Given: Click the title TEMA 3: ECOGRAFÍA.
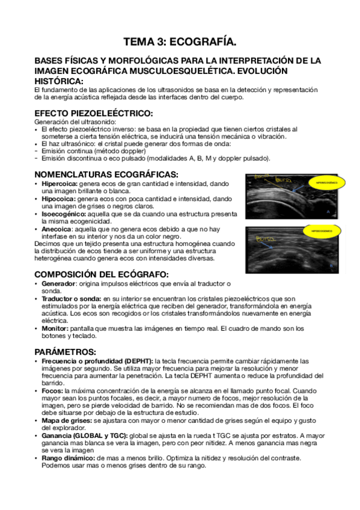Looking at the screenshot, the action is click(180, 41).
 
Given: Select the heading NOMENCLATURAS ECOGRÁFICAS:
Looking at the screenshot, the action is click(106, 174).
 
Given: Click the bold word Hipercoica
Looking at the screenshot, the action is click(58, 183).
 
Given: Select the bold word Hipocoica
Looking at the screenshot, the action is click(57, 198).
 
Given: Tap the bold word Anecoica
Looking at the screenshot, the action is click(56, 229).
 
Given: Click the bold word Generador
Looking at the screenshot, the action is click(59, 283).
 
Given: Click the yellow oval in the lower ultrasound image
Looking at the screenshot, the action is click(322, 231).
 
